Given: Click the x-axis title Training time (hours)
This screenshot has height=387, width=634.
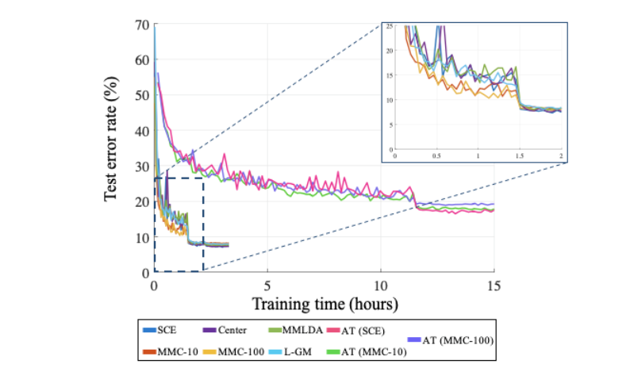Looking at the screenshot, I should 325,304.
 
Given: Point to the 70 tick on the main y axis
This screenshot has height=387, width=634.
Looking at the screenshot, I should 143,25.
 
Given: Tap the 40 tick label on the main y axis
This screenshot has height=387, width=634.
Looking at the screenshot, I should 143,131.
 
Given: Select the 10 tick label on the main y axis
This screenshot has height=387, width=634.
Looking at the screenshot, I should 143,237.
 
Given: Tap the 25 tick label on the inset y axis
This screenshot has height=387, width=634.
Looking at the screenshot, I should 389,26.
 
